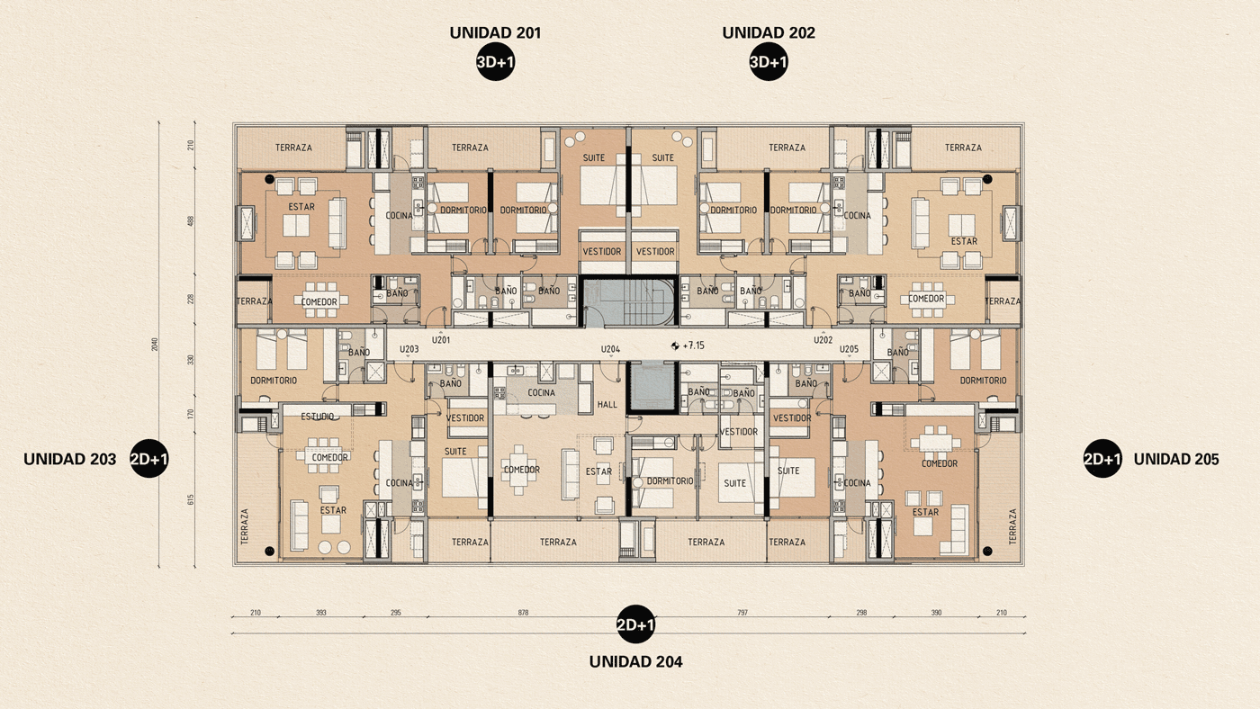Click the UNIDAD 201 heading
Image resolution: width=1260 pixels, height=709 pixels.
[495, 33]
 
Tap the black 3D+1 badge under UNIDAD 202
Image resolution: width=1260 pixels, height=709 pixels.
[769, 62]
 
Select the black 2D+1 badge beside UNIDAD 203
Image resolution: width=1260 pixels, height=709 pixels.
[149, 459]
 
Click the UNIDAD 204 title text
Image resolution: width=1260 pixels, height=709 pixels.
[635, 661]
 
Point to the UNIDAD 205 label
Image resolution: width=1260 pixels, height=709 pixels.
[1175, 459]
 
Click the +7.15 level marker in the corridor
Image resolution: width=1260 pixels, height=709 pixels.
[692, 346]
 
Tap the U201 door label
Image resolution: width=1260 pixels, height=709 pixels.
[441, 340]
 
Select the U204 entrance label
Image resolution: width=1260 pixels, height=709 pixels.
[610, 349]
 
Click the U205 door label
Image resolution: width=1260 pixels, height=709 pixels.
[849, 349]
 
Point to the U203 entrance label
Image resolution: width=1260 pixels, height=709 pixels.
[409, 349]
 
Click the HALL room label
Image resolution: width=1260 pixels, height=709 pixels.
[607, 405]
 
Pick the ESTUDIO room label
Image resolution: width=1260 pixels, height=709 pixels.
[318, 417]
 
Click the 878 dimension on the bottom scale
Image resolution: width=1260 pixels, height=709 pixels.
[523, 613]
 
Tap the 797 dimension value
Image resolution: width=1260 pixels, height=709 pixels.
[742, 613]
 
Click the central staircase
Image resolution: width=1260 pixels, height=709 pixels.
[627, 301]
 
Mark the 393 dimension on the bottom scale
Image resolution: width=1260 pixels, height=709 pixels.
[320, 613]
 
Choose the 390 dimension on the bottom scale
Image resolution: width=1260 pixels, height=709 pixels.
[935, 613]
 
